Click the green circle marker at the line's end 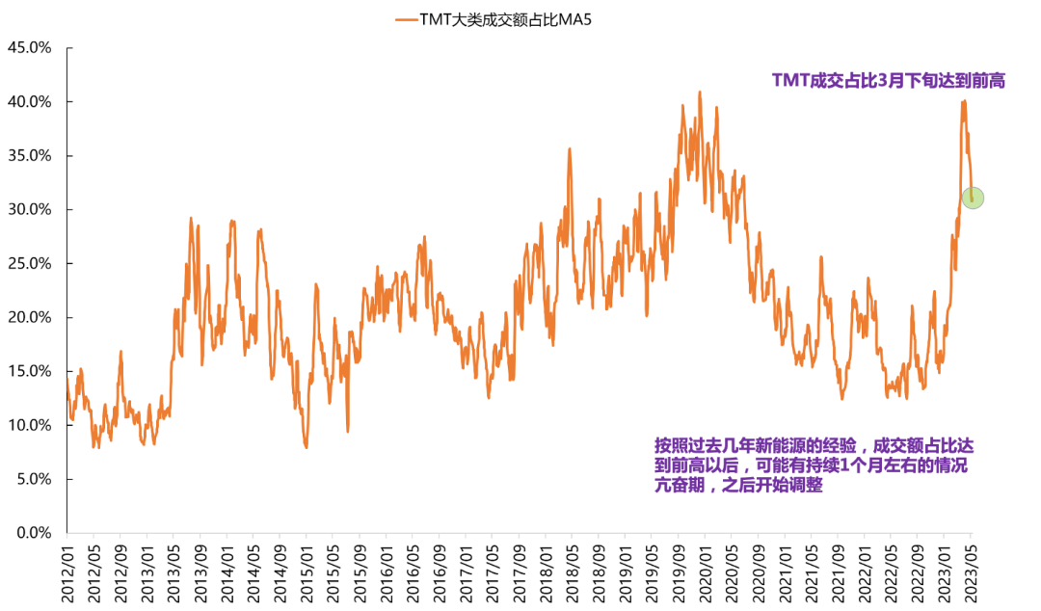click(973, 198)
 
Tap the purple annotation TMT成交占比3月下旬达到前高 click(889, 81)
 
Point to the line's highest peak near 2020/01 click(700, 93)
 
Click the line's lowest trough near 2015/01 click(306, 447)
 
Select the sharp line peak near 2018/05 click(570, 148)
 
